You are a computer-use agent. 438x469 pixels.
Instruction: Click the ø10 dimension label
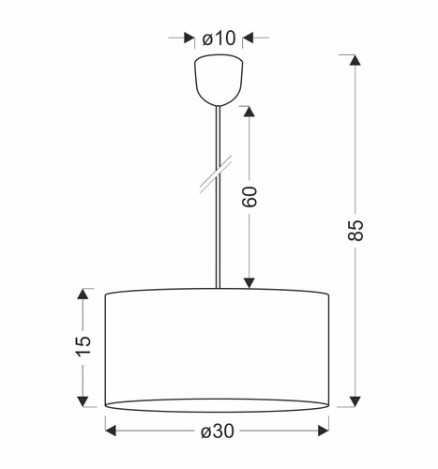tap(219, 38)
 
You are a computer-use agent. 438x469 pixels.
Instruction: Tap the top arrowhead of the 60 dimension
tap(249, 111)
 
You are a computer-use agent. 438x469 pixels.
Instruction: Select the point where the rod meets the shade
tap(218, 289)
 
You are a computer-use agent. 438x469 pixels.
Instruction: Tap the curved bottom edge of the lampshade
tap(218, 410)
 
